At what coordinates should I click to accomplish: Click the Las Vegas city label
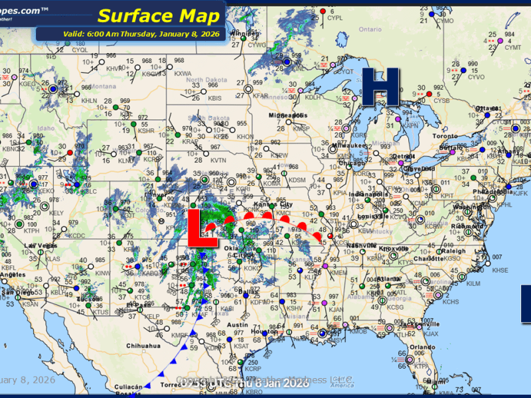click(38, 246)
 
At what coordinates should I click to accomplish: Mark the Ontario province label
click(370, 29)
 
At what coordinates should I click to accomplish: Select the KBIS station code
click(214, 98)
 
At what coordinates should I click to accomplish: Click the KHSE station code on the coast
click(500, 270)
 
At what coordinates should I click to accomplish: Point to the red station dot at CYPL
click(323, 12)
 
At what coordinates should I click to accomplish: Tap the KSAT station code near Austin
click(241, 346)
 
